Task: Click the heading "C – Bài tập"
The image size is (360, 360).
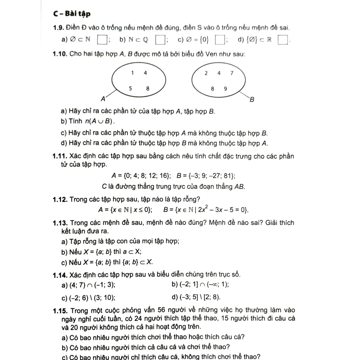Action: pyautogui.click(x=72, y=14)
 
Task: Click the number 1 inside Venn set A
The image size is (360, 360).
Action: pyautogui.click(x=132, y=73)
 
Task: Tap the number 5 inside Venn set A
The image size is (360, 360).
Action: pyautogui.click(x=130, y=89)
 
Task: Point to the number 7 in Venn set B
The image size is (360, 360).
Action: pyautogui.click(x=232, y=73)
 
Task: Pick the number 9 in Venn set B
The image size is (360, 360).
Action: pyautogui.click(x=225, y=89)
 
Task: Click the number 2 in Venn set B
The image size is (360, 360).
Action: pyautogui.click(x=206, y=73)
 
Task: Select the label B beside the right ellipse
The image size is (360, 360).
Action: pyautogui.click(x=252, y=100)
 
